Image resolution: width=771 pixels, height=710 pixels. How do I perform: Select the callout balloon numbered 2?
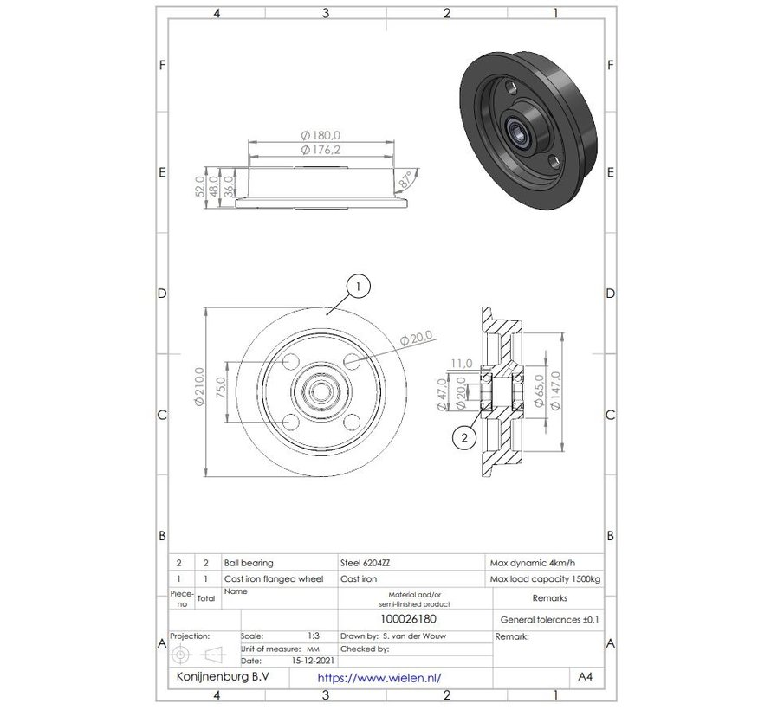(x=464, y=438)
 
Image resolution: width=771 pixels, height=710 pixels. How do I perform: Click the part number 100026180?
(x=412, y=619)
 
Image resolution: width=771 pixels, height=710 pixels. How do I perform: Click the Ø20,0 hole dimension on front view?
(x=422, y=339)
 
